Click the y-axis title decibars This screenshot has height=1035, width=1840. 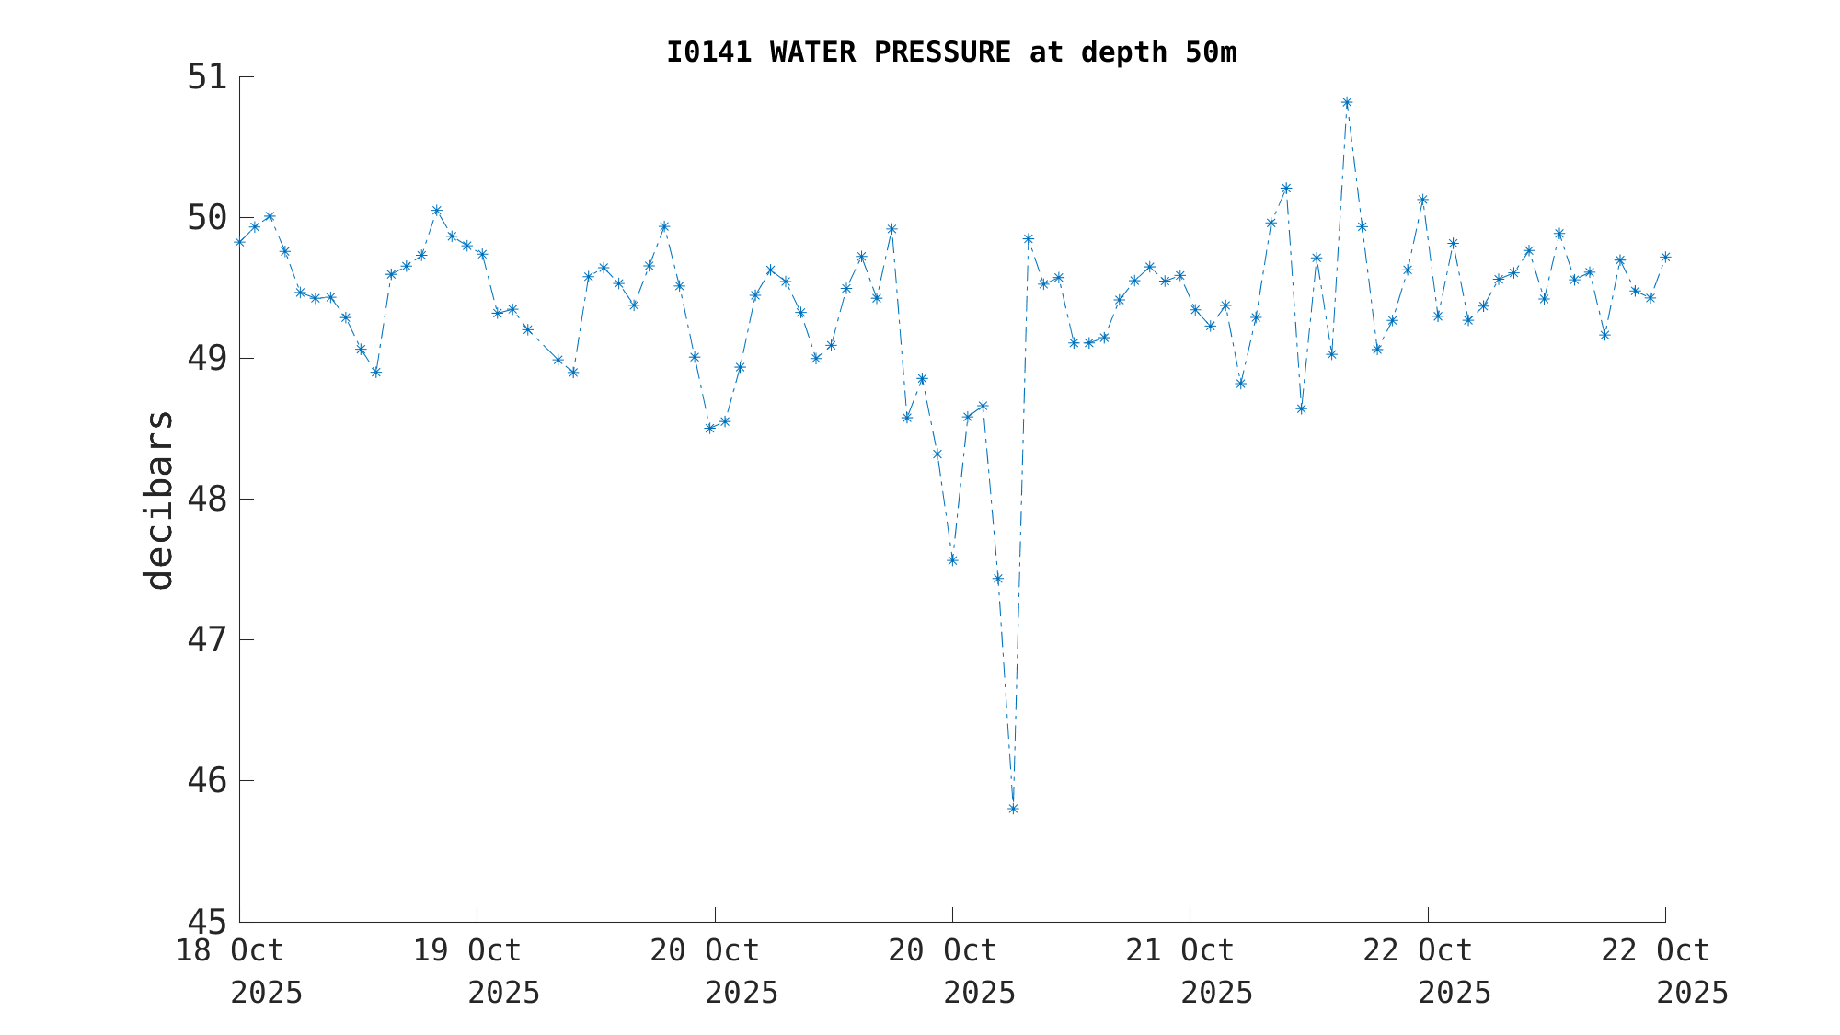click(x=158, y=500)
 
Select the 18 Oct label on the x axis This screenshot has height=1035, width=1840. click(x=230, y=950)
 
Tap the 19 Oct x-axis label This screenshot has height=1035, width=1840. click(x=467, y=950)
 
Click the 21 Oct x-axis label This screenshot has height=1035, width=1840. click(x=1180, y=950)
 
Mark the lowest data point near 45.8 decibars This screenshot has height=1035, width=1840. click(x=1013, y=809)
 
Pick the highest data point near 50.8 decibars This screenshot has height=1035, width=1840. click(x=1347, y=103)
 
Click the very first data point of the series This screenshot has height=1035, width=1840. click(x=239, y=242)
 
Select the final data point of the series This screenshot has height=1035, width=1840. click(x=1665, y=257)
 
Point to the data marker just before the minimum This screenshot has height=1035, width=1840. click(x=997, y=578)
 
